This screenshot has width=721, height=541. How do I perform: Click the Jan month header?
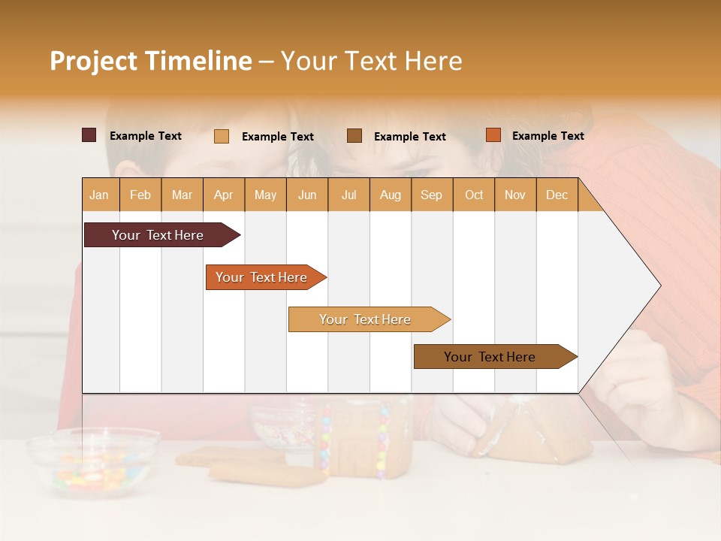coord(100,195)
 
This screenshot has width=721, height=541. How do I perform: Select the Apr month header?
coord(224,195)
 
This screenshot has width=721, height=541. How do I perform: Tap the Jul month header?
coord(348,195)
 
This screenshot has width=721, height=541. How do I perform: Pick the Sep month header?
coord(431,195)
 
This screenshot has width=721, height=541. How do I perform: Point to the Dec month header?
coord(557,195)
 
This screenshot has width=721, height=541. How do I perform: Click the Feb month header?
coord(140,195)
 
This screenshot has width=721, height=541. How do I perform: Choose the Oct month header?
coord(474,195)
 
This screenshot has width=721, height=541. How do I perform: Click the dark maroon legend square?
coord(89,135)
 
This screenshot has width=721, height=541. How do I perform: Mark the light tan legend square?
coord(222,136)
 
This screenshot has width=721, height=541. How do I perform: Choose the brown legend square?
coord(354,135)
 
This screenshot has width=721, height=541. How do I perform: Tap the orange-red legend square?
coord(493,135)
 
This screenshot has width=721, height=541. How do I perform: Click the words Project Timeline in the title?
coord(150,61)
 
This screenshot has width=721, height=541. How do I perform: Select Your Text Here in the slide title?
coord(372,61)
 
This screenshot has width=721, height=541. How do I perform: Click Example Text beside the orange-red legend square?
coord(548,136)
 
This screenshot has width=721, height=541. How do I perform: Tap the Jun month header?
coord(307,195)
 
